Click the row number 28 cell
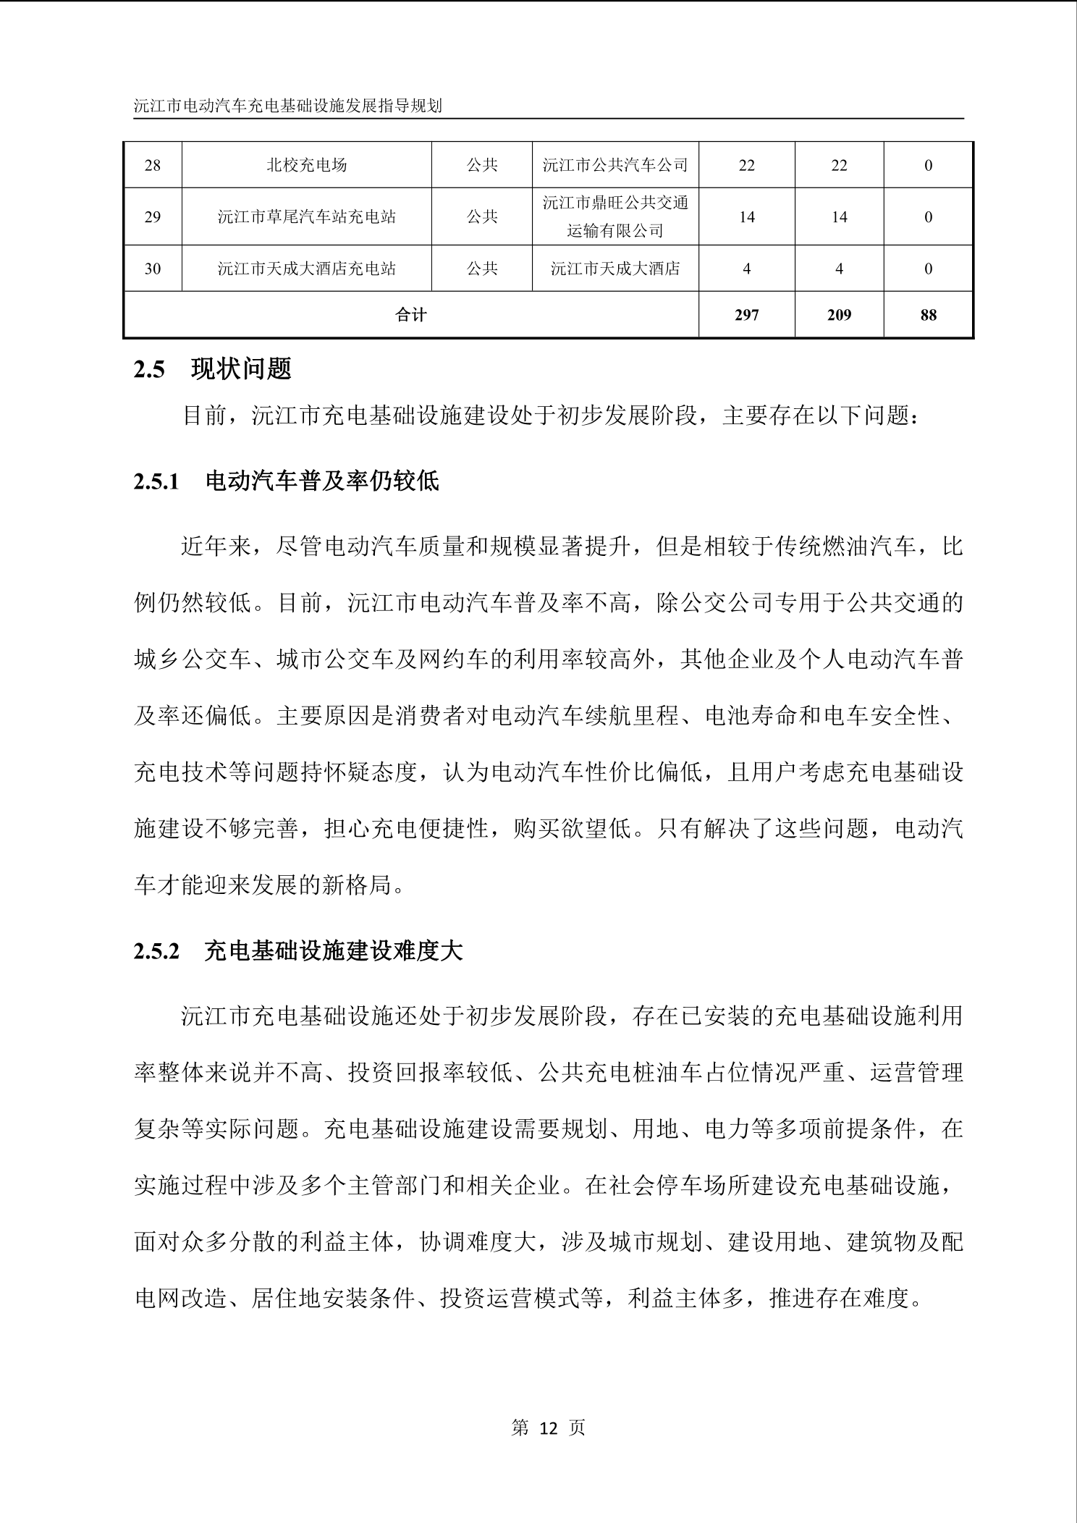(152, 166)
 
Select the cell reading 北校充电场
(306, 166)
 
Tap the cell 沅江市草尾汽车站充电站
(306, 217)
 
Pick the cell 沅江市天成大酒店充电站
(306, 269)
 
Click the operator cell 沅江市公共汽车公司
(615, 166)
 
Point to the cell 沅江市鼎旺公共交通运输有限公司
(615, 217)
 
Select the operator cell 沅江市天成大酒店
(615, 269)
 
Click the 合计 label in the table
(411, 315)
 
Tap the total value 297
(746, 315)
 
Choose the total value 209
(839, 315)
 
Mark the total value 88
(929, 315)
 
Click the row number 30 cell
(152, 269)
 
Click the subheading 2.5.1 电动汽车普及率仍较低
(286, 481)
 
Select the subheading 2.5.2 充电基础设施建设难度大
(297, 951)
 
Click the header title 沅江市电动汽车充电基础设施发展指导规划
(288, 106)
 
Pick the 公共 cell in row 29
(482, 217)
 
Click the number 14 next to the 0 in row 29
(839, 217)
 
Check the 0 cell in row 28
(929, 166)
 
